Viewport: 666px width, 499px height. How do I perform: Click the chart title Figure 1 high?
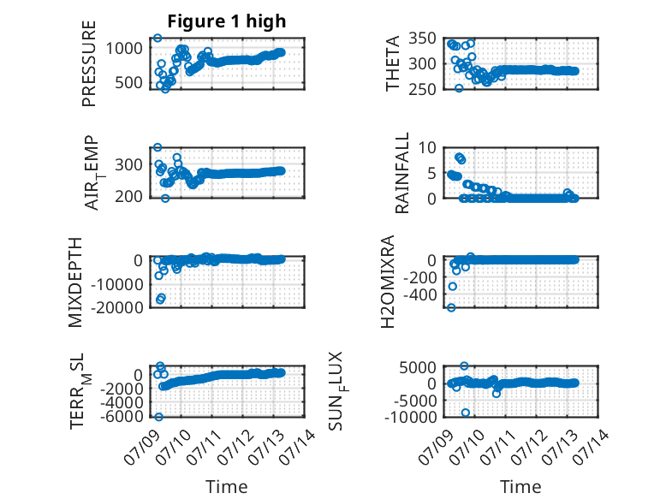(x=226, y=21)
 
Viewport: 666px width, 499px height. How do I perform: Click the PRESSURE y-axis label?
(x=89, y=63)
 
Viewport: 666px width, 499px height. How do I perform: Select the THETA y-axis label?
(x=393, y=63)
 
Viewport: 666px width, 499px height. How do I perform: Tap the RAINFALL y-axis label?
(x=401, y=173)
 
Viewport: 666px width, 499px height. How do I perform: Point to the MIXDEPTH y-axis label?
(x=75, y=282)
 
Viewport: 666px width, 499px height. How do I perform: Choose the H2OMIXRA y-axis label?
(x=388, y=282)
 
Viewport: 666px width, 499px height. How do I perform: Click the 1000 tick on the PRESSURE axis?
(x=124, y=49)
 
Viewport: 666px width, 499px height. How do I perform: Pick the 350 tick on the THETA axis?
(x=423, y=39)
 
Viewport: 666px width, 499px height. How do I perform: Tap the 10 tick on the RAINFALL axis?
(x=427, y=148)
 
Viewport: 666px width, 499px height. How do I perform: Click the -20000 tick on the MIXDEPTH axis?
(x=117, y=307)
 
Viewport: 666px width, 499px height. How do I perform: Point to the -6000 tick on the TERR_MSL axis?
(x=122, y=416)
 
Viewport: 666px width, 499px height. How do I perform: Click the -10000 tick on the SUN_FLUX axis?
(x=411, y=417)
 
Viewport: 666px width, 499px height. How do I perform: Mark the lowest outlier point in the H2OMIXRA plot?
(x=451, y=307)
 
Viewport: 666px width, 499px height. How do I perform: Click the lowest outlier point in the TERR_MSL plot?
(x=158, y=417)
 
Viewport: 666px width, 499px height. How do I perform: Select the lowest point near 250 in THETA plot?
(x=459, y=88)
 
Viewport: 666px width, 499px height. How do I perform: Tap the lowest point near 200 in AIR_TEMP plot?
(x=165, y=199)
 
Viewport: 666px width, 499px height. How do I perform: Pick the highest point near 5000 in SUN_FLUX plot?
(x=464, y=365)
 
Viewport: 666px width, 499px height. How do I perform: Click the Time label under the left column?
(x=226, y=486)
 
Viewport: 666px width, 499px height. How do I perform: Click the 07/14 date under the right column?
(x=592, y=442)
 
